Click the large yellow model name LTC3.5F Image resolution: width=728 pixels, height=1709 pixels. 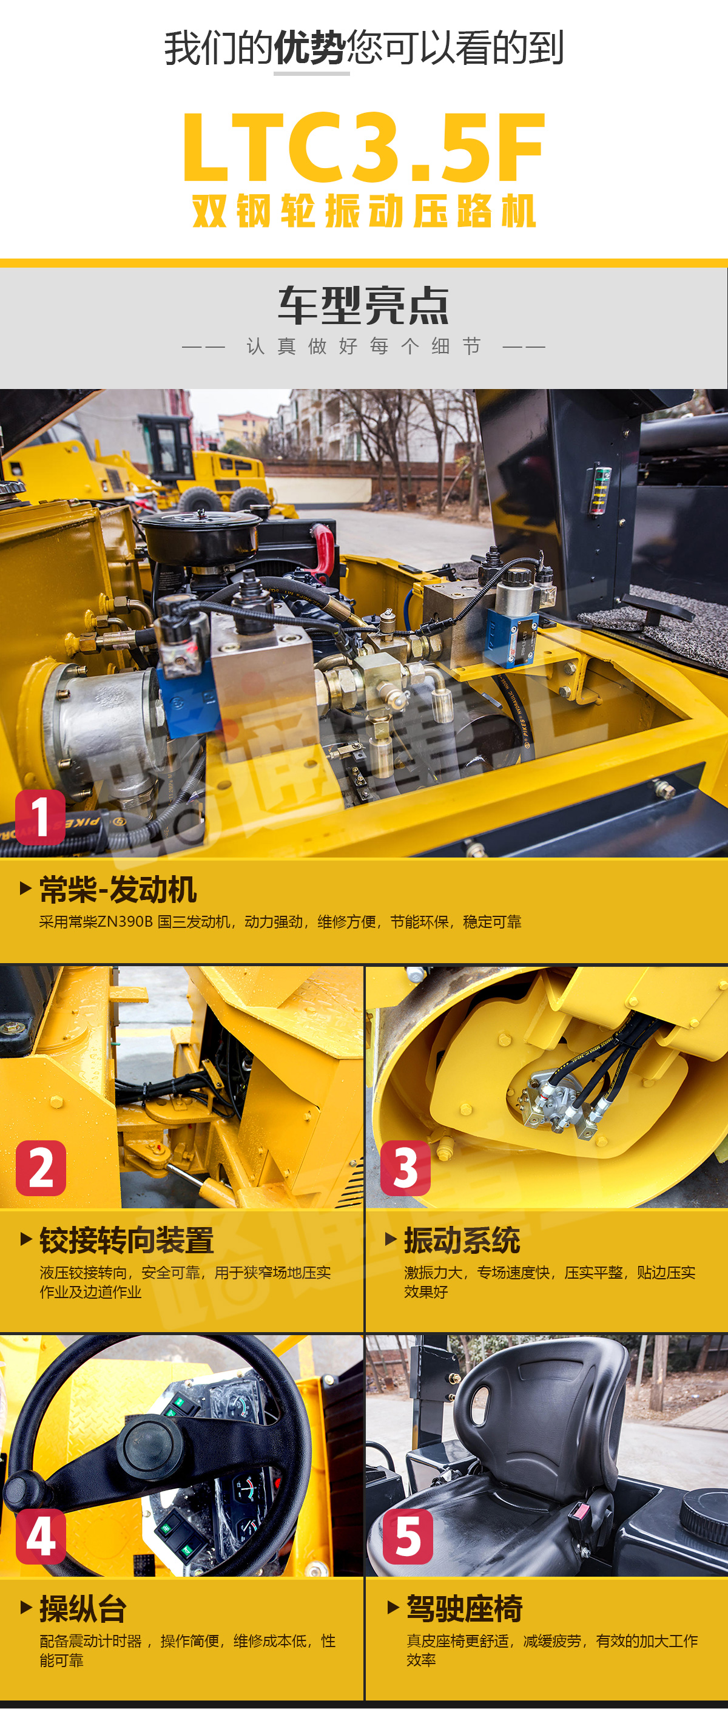(x=363, y=147)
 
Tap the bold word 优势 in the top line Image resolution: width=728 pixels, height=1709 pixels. (x=310, y=48)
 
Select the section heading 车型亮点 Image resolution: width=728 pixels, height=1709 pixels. (x=363, y=306)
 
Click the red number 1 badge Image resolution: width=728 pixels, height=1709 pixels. (x=41, y=817)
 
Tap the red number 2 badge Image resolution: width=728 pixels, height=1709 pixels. (x=41, y=1168)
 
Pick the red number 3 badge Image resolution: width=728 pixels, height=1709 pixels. (x=405, y=1168)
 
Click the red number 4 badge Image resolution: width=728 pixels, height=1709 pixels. (x=41, y=1537)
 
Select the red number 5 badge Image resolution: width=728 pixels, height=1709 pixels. (x=408, y=1537)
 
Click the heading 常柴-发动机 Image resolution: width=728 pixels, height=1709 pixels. (x=118, y=890)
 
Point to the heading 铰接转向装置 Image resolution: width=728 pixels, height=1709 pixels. (x=127, y=1240)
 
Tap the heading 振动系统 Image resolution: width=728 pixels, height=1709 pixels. (x=462, y=1240)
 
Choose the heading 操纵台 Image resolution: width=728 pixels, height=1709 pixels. (x=83, y=1608)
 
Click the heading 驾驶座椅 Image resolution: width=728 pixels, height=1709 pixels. (x=464, y=1608)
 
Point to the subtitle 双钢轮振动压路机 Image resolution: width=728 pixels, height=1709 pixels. (x=364, y=211)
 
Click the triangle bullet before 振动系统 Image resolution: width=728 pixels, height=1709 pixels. (x=391, y=1239)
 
